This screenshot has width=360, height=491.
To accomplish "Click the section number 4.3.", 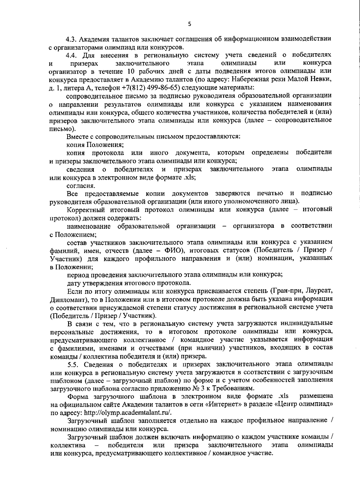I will [72, 39].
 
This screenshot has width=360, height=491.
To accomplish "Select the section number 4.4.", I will [72, 55].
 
